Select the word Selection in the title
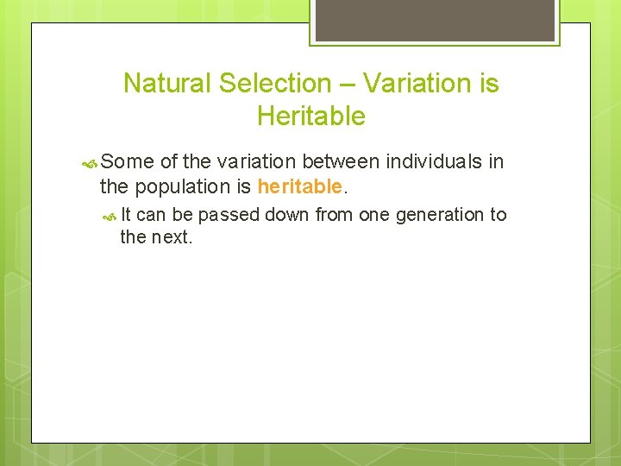point(275,84)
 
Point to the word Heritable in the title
point(310,116)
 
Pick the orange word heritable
point(299,186)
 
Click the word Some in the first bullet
point(128,161)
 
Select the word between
point(342,161)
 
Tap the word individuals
point(436,161)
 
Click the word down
point(287,214)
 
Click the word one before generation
point(374,214)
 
